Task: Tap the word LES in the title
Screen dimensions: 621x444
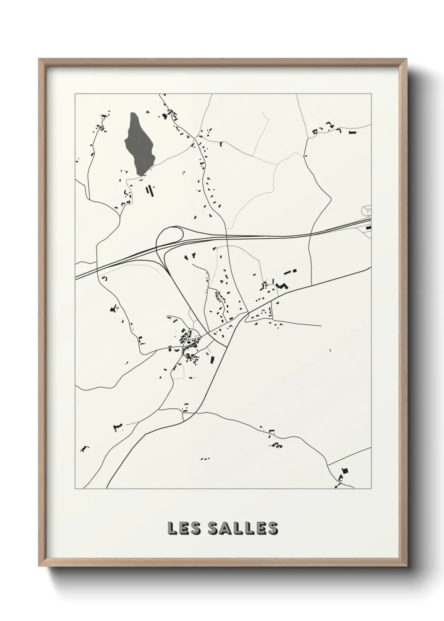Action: [183, 528]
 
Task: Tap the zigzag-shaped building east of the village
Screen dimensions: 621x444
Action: [284, 286]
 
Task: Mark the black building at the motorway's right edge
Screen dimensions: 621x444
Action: [369, 227]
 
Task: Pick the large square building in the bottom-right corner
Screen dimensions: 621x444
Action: [345, 471]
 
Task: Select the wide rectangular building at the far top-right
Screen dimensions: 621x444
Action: [353, 133]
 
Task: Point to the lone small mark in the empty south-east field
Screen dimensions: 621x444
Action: [330, 350]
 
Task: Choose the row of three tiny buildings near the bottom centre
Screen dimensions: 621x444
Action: [205, 459]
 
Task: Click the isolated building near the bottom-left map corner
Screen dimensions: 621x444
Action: [85, 449]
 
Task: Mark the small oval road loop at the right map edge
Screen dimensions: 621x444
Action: [366, 208]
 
